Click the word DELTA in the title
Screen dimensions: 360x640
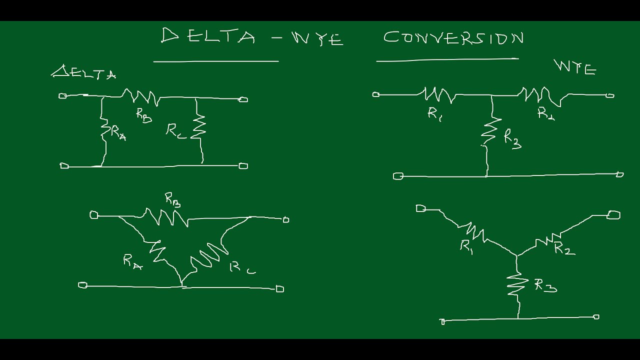coord(208,36)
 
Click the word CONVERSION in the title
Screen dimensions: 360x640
coord(453,38)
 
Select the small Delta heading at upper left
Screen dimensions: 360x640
coord(84,73)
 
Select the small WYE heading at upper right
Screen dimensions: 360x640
coord(575,67)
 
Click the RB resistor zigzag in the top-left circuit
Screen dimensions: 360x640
coord(141,96)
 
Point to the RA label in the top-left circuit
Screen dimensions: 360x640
coord(118,132)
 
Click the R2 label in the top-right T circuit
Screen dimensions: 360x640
coord(545,113)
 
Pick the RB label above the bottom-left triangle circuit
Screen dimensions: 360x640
coord(172,200)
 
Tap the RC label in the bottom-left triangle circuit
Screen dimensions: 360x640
coord(242,268)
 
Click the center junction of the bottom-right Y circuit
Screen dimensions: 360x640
coord(517,255)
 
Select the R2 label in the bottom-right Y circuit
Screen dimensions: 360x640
coord(564,248)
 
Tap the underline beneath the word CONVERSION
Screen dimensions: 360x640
coord(447,59)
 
